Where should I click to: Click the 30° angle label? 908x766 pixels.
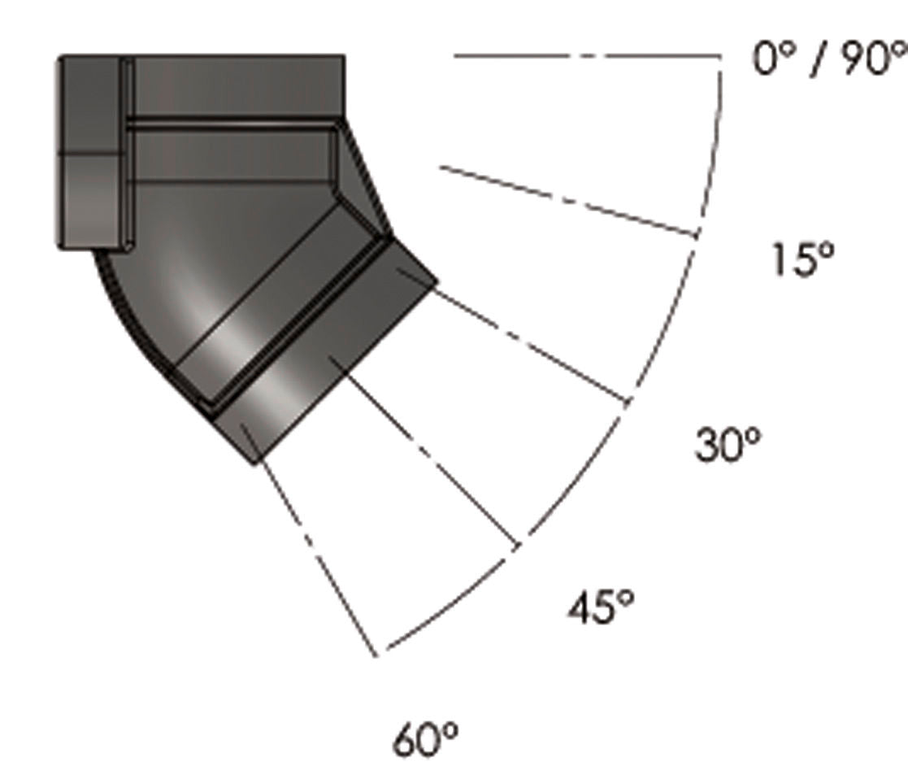[728, 445]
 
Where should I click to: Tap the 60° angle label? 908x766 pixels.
[426, 739]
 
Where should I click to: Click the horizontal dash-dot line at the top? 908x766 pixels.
[585, 56]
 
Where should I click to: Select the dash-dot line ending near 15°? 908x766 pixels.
[569, 201]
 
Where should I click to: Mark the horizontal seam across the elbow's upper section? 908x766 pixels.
[232, 124]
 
